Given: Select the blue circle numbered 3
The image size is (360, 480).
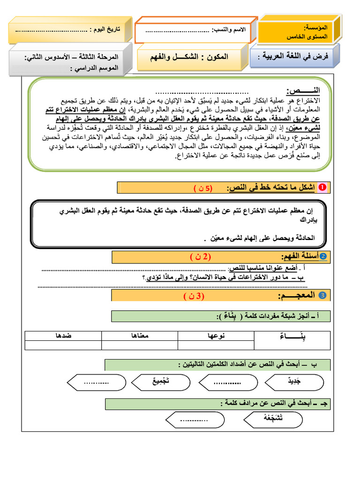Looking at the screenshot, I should pos(322,295).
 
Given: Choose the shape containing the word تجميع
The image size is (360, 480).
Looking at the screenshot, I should pos(162,382).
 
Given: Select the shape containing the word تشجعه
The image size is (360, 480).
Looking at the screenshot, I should pos(274,419).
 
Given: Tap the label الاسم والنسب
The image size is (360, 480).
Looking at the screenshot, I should pos(232,30).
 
